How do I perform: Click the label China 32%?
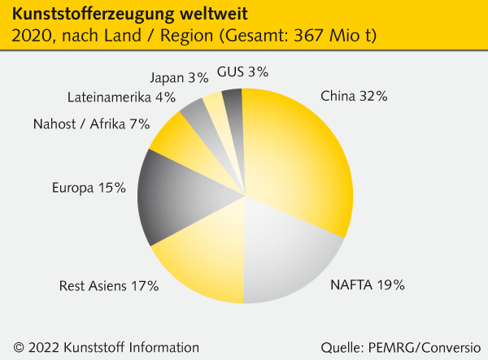pos(354,96)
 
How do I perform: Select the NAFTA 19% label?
pos(367,284)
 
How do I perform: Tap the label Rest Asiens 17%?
pos(109,286)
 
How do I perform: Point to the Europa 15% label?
pos(89,188)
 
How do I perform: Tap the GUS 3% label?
pos(242,72)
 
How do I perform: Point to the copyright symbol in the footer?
pos(18,346)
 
